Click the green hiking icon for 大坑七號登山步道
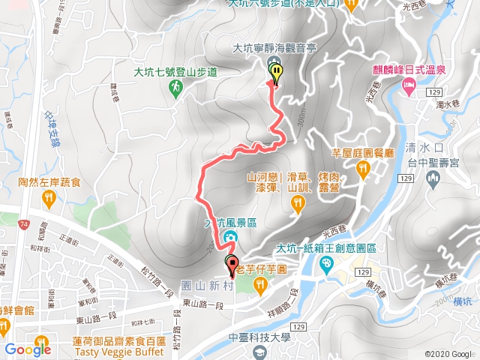coord(175,88)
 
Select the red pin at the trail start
coord(232,264)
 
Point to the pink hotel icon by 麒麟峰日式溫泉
coord(408,88)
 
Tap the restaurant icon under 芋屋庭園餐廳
coord(363,170)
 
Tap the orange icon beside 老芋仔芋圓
coord(259,284)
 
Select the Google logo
coord(28,349)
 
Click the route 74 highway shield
coord(25,224)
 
